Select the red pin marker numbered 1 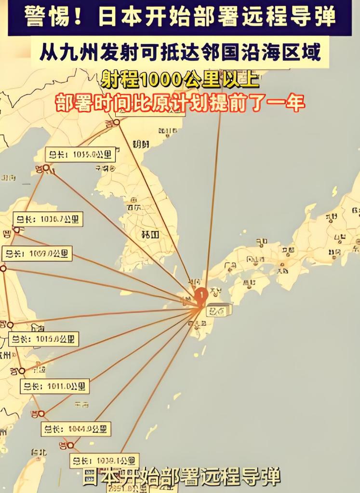point(201,293)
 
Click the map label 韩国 point(150,235)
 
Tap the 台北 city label point(39,453)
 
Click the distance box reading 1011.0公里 point(54,386)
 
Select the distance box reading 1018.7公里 point(47,219)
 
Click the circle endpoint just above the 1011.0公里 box point(21,371)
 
